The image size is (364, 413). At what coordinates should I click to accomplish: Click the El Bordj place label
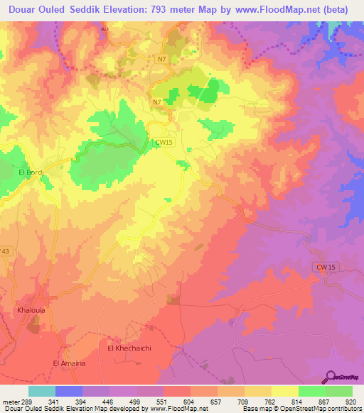pos(31,172)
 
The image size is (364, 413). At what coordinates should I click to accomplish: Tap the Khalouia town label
pos(31,311)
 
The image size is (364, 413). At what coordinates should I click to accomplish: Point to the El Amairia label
pos(70,363)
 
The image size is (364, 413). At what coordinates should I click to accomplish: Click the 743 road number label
pos(5,252)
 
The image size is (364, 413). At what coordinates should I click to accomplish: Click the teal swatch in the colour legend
pos(42,391)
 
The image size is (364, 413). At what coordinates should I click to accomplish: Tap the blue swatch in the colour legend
pos(69,391)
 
